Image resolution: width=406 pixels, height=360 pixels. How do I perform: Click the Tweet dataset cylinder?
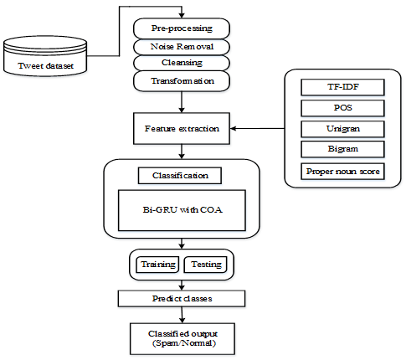[45, 56]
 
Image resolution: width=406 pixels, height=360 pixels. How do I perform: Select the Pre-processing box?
[182, 28]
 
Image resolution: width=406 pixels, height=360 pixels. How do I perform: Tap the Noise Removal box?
[182, 47]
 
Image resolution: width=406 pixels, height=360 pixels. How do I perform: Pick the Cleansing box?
[182, 63]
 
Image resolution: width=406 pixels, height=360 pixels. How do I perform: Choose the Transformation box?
[182, 81]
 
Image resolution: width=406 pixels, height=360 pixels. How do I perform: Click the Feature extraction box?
[182, 128]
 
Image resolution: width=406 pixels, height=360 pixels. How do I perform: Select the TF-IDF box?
[342, 87]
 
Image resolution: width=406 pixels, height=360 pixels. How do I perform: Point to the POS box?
[342, 108]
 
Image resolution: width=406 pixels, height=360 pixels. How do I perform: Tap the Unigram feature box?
[342, 129]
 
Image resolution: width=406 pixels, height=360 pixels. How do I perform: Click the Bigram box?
[342, 149]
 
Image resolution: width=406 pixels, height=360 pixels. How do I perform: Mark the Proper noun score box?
[342, 172]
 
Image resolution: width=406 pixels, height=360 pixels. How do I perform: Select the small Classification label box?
[180, 176]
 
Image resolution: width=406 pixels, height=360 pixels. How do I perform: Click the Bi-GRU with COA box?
[182, 210]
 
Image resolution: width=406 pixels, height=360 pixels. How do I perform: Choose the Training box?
[157, 265]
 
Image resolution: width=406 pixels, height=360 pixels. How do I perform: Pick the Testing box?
[206, 265]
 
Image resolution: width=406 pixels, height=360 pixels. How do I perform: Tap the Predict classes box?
[182, 299]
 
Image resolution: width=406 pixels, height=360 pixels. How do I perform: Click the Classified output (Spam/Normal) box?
[182, 339]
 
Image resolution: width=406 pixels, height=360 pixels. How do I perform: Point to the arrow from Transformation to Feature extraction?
[182, 102]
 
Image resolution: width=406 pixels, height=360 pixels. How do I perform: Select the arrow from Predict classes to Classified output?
[182, 315]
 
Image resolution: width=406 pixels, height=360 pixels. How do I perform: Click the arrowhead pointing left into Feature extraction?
[234, 128]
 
